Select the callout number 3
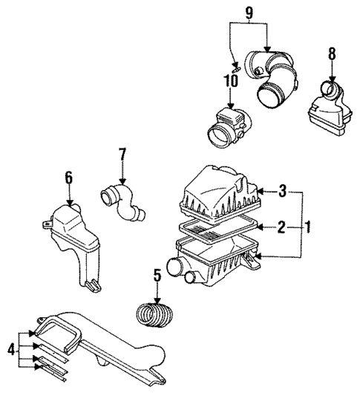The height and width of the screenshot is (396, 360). [281, 191]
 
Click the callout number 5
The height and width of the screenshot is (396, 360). [156, 276]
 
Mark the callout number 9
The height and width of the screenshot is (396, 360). [250, 12]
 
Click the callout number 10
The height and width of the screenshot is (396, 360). [233, 78]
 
